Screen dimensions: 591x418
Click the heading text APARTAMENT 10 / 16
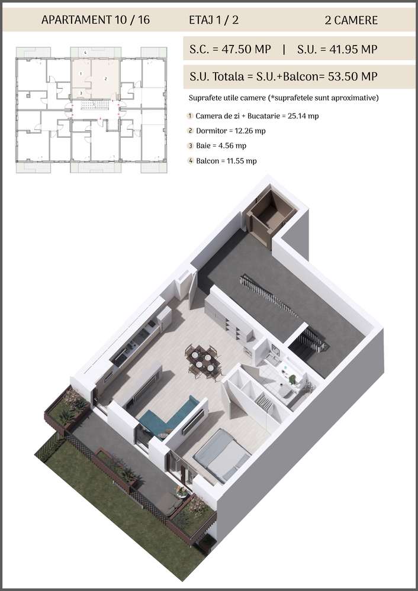pyautogui.click(x=95, y=20)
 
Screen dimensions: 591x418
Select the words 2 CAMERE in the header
pyautogui.click(x=351, y=20)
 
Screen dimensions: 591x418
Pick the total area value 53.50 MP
pyautogui.click(x=349, y=76)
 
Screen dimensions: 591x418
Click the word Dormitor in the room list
pyautogui.click(x=211, y=131)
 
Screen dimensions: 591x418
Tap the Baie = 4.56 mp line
pyautogui.click(x=220, y=146)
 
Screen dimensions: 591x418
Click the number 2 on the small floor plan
pyautogui.click(x=105, y=78)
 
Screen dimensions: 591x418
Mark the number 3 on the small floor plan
pyautogui.click(x=81, y=93)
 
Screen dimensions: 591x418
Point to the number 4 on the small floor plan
pyautogui.click(x=86, y=53)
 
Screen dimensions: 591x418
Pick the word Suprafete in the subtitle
pyautogui.click(x=205, y=98)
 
